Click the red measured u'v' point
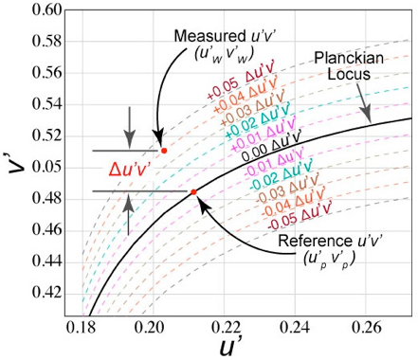point(164,151)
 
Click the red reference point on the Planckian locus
point(193,191)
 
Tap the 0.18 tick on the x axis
point(82,328)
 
